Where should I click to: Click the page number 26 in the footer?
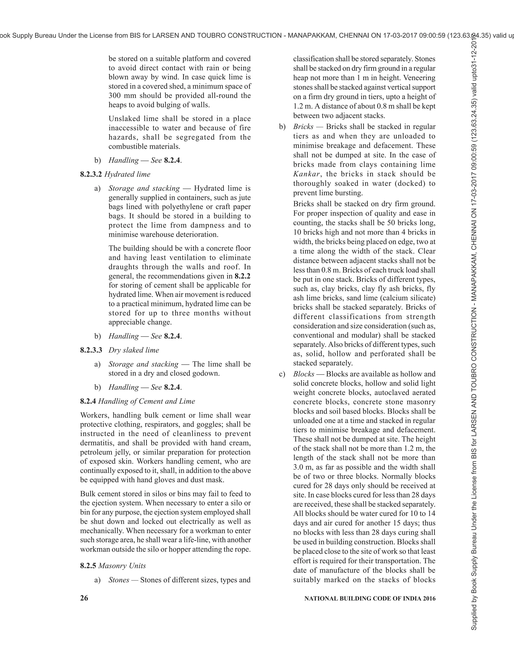coord(84,598)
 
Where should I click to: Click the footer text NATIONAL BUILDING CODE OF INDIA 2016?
coord(370,598)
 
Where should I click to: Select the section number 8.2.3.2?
coord(91,174)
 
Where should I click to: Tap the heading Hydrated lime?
coord(127,174)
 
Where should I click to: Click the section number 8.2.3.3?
coord(91,350)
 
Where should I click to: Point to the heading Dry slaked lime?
coord(134,350)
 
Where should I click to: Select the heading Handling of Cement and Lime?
coord(147,401)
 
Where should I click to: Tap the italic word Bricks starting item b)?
coord(303,127)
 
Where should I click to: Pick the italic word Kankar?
coord(306,174)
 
